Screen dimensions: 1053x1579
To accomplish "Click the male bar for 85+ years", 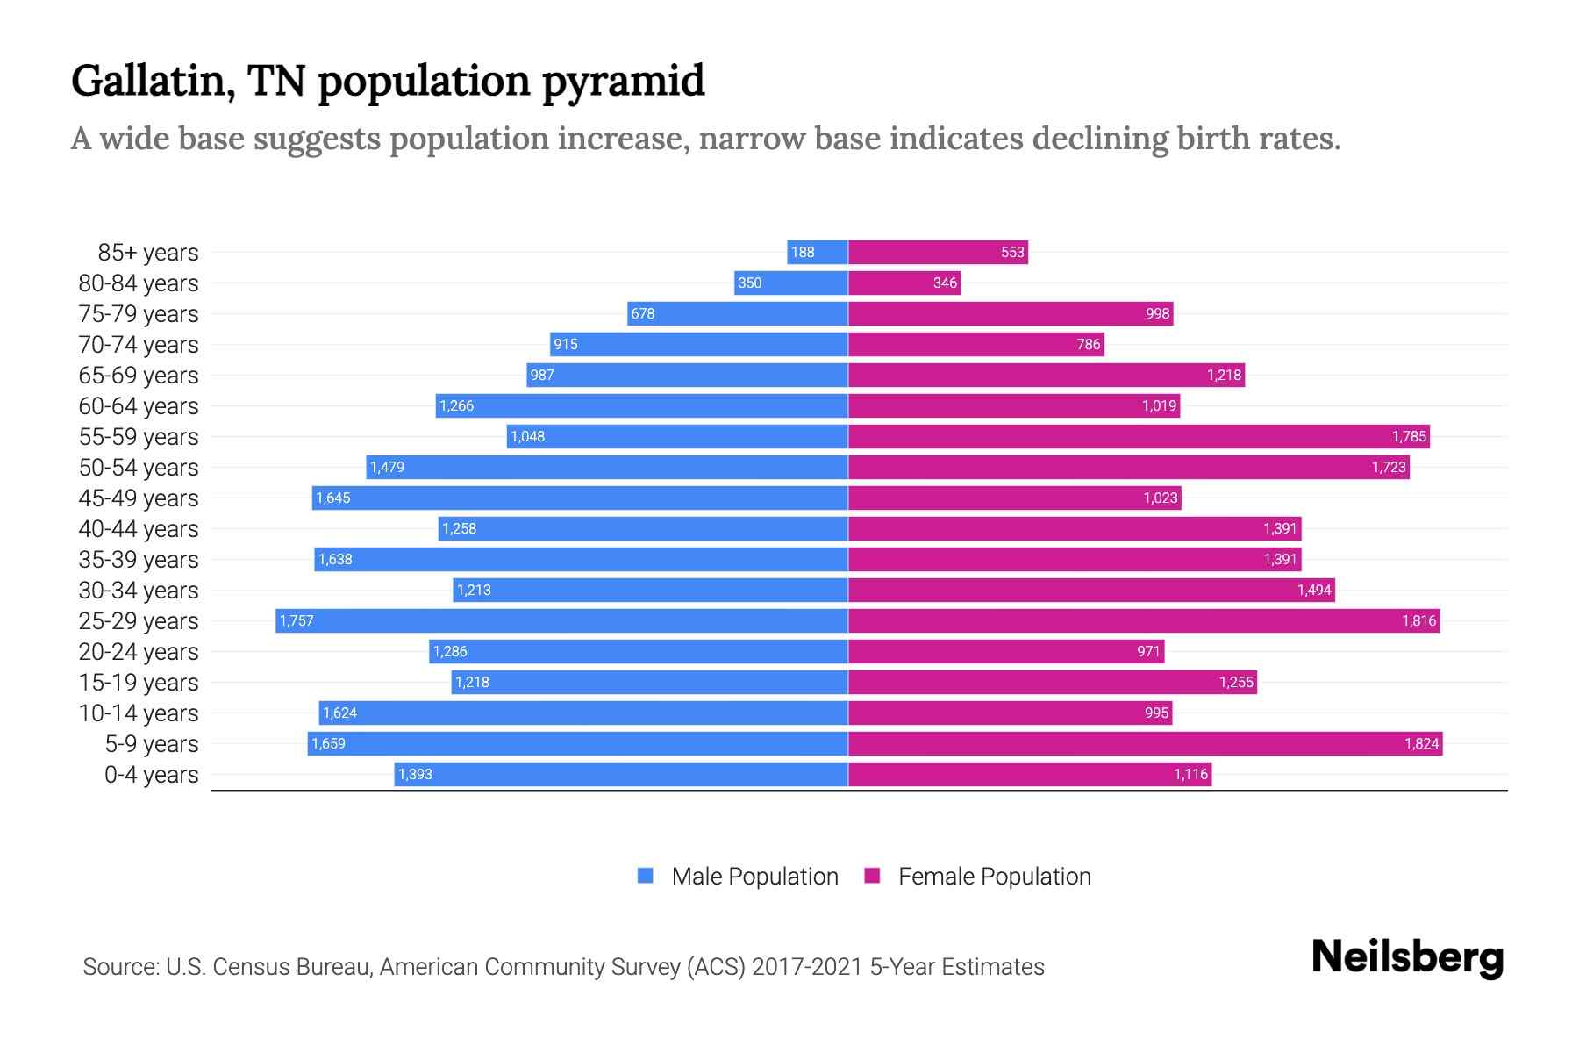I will tap(818, 253).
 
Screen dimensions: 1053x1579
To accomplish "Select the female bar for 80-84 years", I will tap(904, 283).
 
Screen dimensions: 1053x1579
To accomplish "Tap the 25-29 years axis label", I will tap(139, 621).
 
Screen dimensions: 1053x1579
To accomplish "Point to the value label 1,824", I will tap(1421, 744).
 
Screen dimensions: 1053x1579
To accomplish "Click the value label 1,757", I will tap(297, 621).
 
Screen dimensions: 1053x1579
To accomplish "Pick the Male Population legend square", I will tap(646, 876).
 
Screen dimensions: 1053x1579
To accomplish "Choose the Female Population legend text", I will tap(994, 877).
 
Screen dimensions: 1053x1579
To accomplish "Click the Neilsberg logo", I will tap(1407, 957).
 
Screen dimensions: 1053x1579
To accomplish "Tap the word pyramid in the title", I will tap(623, 82).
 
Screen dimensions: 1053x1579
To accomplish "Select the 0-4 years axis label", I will tap(151, 775).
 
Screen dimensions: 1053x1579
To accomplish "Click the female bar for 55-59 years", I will tap(1139, 437).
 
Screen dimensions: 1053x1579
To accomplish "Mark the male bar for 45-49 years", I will tap(580, 498).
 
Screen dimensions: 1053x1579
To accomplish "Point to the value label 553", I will tap(1012, 253).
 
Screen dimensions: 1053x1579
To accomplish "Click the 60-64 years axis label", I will tap(139, 406).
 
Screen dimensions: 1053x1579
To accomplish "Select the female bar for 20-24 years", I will tap(1006, 652).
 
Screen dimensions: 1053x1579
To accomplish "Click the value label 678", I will tap(643, 314).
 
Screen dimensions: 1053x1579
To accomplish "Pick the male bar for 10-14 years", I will tap(583, 713).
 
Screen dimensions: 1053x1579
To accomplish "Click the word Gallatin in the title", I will tap(153, 82).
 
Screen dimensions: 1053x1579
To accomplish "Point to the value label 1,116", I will tap(1190, 775).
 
